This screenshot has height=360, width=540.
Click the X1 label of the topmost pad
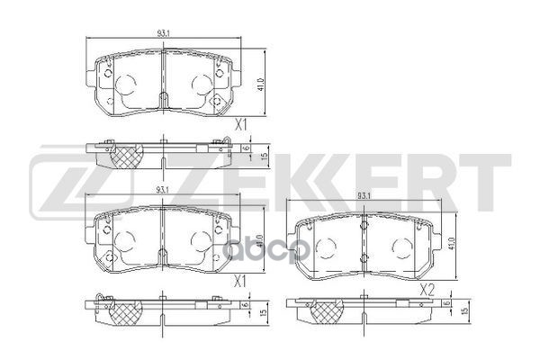(x=240, y=127)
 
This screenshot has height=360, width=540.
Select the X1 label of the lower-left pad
(x=240, y=280)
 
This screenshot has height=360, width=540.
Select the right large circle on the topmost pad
(x=198, y=85)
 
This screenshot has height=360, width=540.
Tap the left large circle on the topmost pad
(x=125, y=84)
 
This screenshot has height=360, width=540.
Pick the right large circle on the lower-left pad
(x=198, y=238)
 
